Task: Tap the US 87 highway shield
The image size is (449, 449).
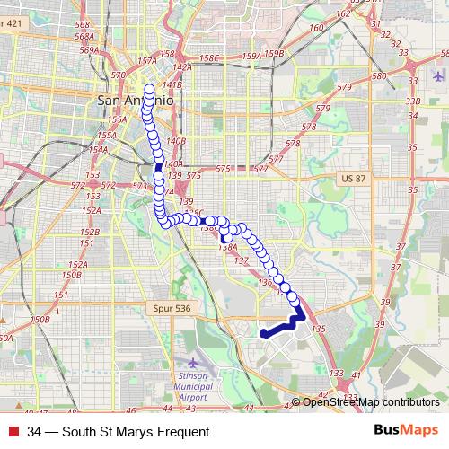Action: click(x=352, y=180)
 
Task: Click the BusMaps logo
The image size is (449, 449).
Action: click(x=405, y=431)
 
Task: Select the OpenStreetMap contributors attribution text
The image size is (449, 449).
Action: click(x=370, y=402)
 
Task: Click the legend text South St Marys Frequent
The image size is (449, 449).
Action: click(x=118, y=432)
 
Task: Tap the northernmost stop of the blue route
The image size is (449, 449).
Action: click(x=150, y=88)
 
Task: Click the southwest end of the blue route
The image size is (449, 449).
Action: click(x=264, y=333)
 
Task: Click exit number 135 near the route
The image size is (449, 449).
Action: click(x=317, y=330)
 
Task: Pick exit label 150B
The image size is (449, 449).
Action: click(x=40, y=320)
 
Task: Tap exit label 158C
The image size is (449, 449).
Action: click(x=210, y=58)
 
